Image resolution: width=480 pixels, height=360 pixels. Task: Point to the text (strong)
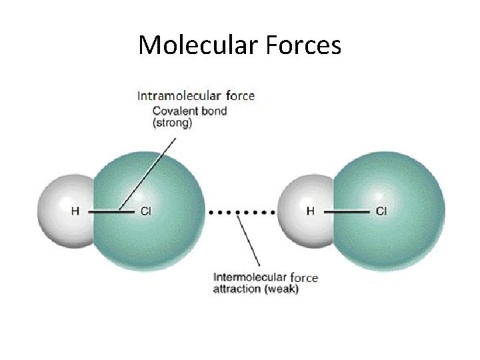[x=172, y=123]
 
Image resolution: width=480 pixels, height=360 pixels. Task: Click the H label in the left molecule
[x=75, y=211]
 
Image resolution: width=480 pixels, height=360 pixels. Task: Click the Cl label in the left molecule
[x=146, y=211]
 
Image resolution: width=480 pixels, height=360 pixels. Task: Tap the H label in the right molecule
[x=311, y=211]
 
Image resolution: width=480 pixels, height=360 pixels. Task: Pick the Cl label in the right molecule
[x=381, y=211]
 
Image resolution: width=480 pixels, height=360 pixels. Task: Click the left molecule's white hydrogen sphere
[x=60, y=200]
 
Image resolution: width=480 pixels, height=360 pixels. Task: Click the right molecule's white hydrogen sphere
[x=300, y=197]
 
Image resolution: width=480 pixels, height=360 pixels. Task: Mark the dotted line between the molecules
[x=241, y=212]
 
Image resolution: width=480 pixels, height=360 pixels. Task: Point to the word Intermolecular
[x=250, y=277]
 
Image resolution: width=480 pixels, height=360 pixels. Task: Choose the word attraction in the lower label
[x=237, y=289]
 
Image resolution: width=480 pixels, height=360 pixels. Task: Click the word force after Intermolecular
[x=305, y=277]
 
